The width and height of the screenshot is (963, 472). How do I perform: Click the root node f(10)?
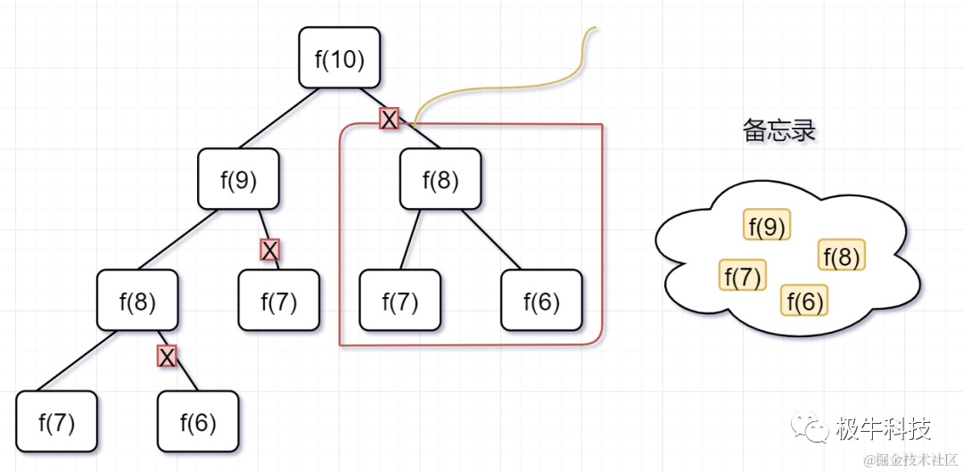[x=340, y=58]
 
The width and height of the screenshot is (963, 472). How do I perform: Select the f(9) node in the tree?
[x=238, y=179]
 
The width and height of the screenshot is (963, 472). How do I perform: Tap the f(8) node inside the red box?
[x=440, y=179]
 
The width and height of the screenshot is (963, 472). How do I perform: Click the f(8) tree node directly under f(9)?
[x=137, y=300]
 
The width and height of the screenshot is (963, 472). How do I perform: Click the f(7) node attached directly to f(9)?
[x=279, y=301]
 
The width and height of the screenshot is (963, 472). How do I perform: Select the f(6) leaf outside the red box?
[x=198, y=421]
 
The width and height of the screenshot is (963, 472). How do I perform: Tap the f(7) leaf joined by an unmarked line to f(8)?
[x=56, y=421]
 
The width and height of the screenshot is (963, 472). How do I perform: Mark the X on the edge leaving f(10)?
[x=389, y=119]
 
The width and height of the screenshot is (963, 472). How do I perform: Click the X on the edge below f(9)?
[x=270, y=250]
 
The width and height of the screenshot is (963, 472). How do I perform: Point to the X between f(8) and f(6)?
[x=167, y=357]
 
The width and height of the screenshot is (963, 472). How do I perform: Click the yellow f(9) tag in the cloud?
[x=767, y=227]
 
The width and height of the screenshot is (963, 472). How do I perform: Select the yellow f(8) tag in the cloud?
[x=841, y=256]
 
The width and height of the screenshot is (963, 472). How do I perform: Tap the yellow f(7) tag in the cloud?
[x=742, y=276]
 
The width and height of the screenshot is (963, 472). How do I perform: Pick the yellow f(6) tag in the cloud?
[x=804, y=301]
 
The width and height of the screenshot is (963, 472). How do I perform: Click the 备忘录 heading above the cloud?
[x=779, y=131]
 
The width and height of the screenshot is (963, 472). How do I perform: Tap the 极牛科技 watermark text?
[x=883, y=429]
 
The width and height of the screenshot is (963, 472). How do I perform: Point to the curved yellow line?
[x=499, y=88]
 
